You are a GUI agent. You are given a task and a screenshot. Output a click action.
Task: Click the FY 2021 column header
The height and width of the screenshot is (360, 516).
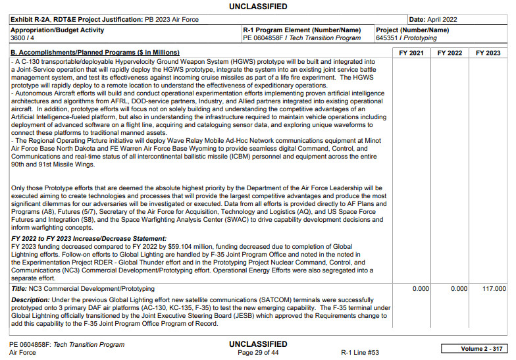411,53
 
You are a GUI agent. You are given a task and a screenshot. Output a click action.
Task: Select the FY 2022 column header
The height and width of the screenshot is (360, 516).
450,53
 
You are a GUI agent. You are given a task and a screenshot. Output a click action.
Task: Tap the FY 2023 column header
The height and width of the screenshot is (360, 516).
489,53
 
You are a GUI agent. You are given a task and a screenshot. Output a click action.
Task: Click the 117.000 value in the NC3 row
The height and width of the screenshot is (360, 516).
493,288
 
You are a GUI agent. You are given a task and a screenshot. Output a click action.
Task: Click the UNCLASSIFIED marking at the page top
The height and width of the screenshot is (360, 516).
258,7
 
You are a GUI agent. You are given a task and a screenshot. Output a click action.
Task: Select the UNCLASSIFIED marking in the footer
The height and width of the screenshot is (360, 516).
258,344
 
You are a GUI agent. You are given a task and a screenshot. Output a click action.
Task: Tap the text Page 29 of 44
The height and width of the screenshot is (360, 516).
258,353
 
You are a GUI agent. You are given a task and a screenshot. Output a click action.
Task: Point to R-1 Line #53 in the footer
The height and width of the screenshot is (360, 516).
360,353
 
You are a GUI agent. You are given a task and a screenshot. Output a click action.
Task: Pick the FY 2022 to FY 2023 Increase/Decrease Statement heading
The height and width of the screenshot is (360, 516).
89,238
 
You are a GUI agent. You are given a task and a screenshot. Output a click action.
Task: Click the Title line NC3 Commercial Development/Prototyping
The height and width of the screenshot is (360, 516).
83,288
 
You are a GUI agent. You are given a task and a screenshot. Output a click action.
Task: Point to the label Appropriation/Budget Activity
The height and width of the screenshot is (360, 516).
57,30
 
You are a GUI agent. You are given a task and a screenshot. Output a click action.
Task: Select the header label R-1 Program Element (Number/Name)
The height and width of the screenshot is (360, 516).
301,30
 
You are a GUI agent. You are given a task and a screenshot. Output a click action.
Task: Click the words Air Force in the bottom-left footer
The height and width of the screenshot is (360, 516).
23,353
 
